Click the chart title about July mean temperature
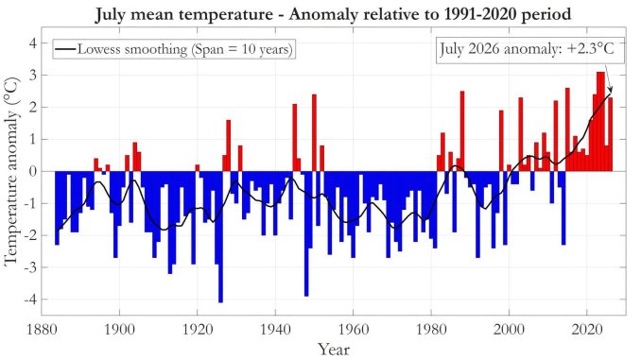[x=333, y=14]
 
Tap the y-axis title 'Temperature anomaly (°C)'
[x=12, y=172]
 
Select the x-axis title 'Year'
[x=334, y=350]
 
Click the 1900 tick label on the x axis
[x=119, y=330]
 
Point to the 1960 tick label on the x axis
[x=354, y=330]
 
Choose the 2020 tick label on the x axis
[x=587, y=330]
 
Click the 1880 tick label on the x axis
[x=42, y=330]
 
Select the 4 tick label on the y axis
[x=32, y=43]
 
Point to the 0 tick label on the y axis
[x=32, y=172]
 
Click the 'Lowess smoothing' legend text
[x=185, y=49]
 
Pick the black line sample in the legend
[x=65, y=49]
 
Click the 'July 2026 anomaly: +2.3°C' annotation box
[x=530, y=51]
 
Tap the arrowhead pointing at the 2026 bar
[x=610, y=90]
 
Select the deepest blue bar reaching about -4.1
[x=220, y=237]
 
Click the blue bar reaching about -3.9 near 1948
[x=306, y=233]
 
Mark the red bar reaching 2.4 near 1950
[x=315, y=133]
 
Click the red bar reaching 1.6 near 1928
[x=229, y=146]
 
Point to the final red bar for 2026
[x=611, y=134]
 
